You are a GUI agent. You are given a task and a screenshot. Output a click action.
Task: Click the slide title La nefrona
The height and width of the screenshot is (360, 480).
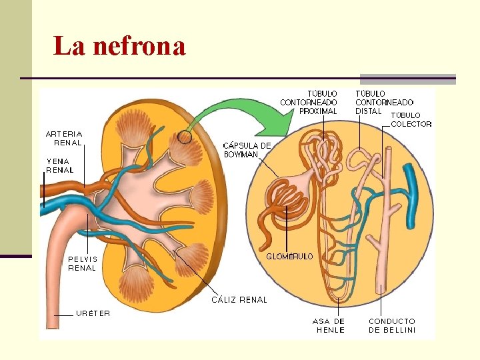pos(119,47)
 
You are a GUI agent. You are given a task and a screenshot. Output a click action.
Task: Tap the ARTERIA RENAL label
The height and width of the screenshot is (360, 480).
pos(64,138)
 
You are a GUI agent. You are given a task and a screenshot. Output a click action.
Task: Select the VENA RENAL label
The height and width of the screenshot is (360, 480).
pos(60,165)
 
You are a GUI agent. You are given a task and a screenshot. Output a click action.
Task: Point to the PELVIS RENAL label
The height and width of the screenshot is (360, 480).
pos(82,263)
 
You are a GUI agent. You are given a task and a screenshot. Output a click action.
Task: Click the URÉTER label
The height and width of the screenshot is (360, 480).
pos(93,313)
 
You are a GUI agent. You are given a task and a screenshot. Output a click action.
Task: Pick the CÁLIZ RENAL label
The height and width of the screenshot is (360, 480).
pos(239,300)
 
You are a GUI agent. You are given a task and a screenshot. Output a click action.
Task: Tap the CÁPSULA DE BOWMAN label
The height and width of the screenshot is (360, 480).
pos(247,150)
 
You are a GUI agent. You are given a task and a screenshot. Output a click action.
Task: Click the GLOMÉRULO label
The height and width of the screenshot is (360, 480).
pos(289,257)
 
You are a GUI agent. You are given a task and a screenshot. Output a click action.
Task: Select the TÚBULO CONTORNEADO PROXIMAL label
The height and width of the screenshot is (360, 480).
pos(309,102)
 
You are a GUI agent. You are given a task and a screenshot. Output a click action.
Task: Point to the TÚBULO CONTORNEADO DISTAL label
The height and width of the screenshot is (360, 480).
pos(384,102)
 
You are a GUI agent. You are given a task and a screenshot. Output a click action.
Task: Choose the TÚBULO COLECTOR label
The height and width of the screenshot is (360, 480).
pos(411,119)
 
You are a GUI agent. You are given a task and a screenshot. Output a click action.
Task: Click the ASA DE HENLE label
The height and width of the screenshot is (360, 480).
pos(330,325)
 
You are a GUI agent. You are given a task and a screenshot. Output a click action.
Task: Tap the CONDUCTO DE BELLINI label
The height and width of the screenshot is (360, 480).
pos(392,325)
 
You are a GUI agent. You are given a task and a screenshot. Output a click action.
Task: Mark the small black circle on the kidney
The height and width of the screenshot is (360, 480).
pos(185,138)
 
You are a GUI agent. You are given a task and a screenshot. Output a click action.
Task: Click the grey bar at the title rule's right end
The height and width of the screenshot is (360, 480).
pos(408,79)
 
